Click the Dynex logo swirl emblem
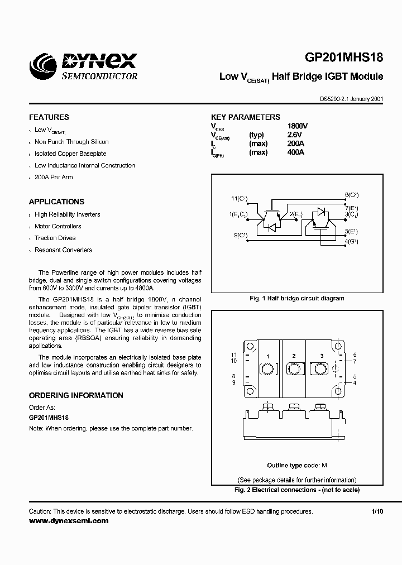(44, 66)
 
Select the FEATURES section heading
(49, 117)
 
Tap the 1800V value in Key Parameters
(297, 126)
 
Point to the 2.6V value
(294, 135)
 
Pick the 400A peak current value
(295, 152)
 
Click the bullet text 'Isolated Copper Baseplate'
(70, 154)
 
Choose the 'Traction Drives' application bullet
(55, 238)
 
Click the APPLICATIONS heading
(56, 202)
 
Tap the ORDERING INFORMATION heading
(76, 395)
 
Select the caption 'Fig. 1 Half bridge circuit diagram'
(296, 298)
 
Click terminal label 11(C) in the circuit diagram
(239, 199)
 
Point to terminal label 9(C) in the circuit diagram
(240, 234)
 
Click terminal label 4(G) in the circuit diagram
(351, 241)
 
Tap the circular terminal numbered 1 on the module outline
(267, 370)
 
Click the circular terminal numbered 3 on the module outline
(321, 369)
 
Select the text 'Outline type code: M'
(296, 465)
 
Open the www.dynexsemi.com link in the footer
(69, 520)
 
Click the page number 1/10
(377, 511)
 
